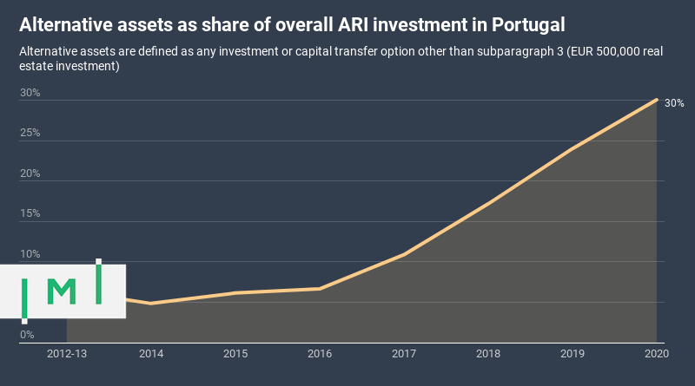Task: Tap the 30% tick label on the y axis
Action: [30, 93]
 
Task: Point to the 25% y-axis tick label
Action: [30, 133]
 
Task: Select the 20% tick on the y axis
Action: [30, 173]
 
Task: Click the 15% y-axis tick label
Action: [30, 213]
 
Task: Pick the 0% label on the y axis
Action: [27, 335]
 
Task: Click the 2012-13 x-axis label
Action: [67, 354]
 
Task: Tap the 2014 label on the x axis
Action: [151, 354]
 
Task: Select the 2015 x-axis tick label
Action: [235, 354]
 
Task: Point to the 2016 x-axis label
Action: [320, 354]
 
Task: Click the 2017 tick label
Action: [404, 354]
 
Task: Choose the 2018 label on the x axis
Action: [488, 354]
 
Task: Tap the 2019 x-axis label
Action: [573, 354]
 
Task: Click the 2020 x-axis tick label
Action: [656, 354]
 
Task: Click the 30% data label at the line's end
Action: [674, 103]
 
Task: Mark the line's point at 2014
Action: [151, 304]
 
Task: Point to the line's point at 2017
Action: [404, 254]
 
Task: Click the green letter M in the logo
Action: [61, 292]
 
